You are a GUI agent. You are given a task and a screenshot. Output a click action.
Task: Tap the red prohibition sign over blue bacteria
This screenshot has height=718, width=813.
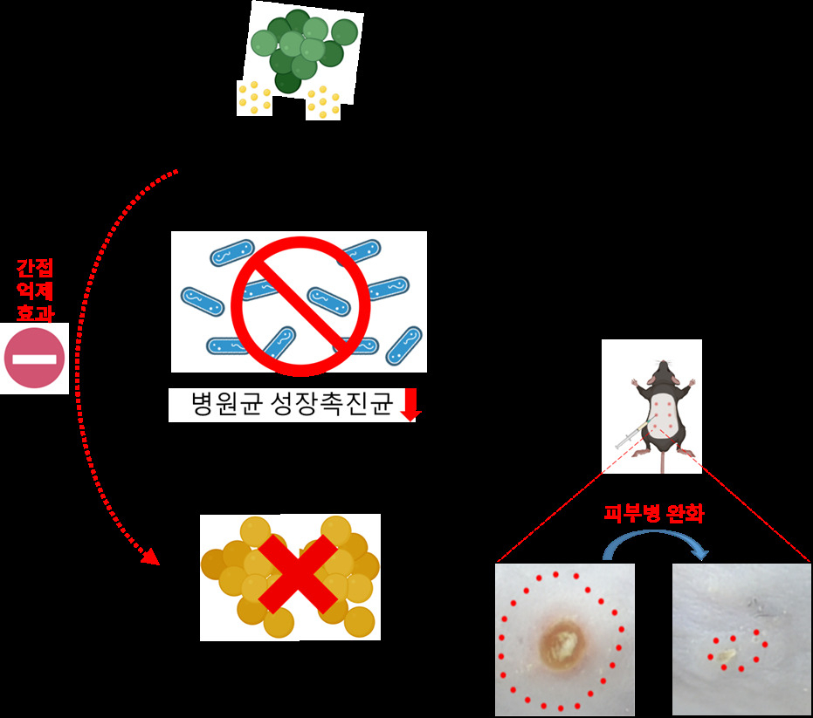coord(300,305)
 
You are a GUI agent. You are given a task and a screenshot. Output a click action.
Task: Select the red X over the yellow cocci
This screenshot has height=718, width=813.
coord(298,575)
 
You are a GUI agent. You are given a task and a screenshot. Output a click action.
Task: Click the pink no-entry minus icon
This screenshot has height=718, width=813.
coord(34,358)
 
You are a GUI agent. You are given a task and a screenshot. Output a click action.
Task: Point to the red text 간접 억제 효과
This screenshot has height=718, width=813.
coord(35,291)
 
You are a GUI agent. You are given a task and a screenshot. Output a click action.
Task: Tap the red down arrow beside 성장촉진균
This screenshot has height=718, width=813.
coord(410,405)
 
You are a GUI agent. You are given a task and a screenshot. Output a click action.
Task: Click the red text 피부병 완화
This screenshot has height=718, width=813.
coord(654,513)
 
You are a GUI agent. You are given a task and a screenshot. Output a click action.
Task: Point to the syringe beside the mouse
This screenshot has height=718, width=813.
coord(630,435)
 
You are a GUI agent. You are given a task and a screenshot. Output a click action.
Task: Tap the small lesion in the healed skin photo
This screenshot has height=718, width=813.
coord(727,656)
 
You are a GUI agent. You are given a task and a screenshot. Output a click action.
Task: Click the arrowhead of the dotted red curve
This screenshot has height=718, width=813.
coord(150,557)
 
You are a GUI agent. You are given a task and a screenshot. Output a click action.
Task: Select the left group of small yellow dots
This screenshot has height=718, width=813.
coord(254,98)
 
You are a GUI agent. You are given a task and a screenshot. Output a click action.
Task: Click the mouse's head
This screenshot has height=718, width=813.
coord(663,372)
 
